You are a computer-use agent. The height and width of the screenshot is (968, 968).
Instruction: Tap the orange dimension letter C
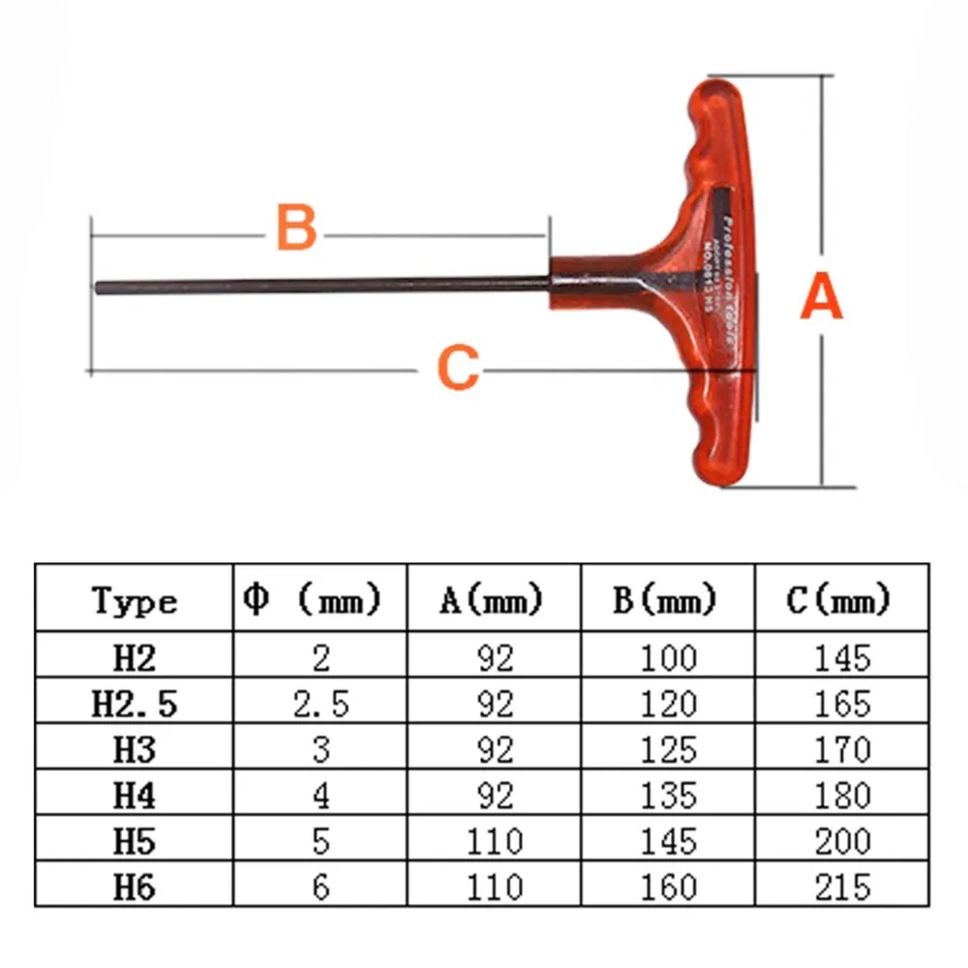tap(458, 367)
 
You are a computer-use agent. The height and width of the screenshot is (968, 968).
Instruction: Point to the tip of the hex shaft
tap(100, 287)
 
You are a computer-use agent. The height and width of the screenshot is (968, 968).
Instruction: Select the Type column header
tap(136, 601)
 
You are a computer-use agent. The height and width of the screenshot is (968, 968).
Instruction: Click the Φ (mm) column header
tap(311, 600)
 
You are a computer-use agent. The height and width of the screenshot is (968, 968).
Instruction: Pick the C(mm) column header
tap(838, 601)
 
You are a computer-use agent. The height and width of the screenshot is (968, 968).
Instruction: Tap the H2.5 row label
tap(135, 704)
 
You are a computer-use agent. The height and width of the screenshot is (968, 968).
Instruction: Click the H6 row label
tap(135, 886)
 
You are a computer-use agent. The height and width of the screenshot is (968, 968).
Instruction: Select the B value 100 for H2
tap(668, 658)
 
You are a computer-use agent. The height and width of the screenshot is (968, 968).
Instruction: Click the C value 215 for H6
tap(840, 886)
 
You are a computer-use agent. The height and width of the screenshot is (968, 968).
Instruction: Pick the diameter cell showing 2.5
tap(320, 704)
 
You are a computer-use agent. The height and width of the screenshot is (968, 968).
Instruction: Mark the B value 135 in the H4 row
tap(668, 795)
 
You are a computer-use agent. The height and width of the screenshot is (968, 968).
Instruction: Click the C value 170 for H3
tap(840, 749)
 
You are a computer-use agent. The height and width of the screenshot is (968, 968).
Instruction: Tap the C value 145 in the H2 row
tap(840, 658)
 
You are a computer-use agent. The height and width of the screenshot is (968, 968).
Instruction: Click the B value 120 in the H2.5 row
tap(668, 704)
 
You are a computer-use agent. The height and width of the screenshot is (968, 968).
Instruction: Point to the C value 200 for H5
tap(840, 840)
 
